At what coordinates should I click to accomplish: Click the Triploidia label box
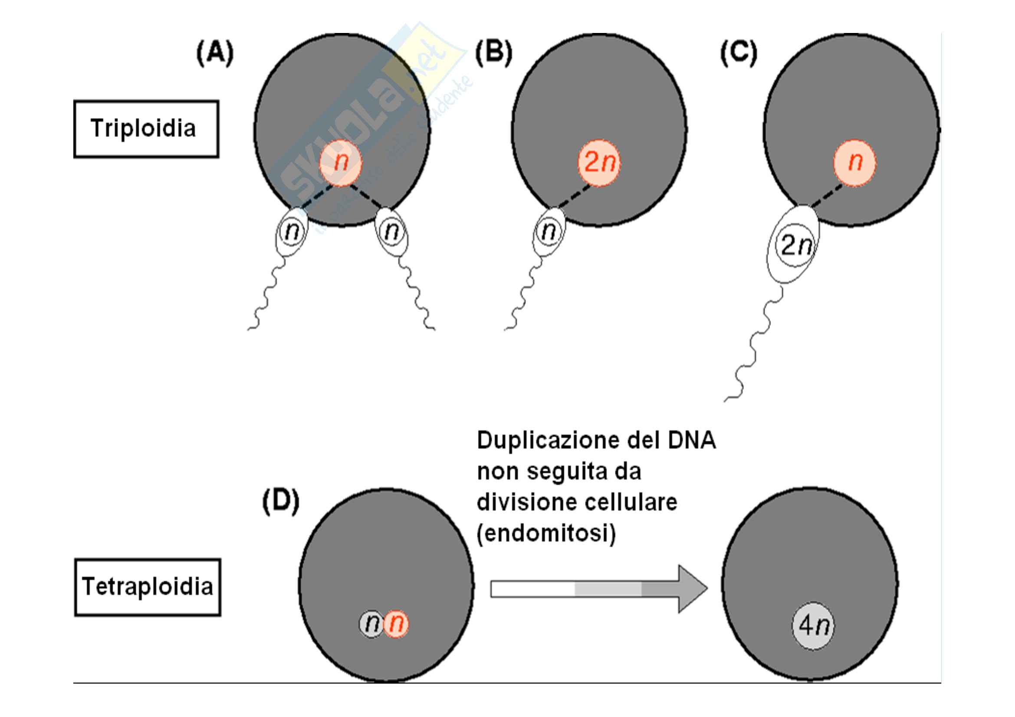[x=146, y=129]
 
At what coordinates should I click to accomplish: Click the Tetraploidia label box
[x=147, y=587]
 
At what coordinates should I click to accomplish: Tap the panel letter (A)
[x=215, y=53]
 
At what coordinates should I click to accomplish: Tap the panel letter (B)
[x=493, y=53]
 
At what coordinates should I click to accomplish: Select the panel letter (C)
[x=739, y=53]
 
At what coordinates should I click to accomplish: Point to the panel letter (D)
[x=281, y=501]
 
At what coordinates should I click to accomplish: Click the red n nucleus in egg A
[x=340, y=163]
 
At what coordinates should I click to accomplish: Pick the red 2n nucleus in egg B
[x=599, y=163]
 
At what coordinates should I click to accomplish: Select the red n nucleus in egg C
[x=854, y=163]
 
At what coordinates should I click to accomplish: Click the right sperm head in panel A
[x=392, y=232]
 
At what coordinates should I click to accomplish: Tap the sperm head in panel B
[x=549, y=232]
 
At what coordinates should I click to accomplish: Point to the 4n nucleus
[x=812, y=626]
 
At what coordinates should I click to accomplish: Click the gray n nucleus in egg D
[x=371, y=624]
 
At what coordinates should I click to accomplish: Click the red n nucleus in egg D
[x=396, y=624]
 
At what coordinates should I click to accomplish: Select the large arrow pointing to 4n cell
[x=599, y=589]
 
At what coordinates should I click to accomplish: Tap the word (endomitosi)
[x=546, y=533]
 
